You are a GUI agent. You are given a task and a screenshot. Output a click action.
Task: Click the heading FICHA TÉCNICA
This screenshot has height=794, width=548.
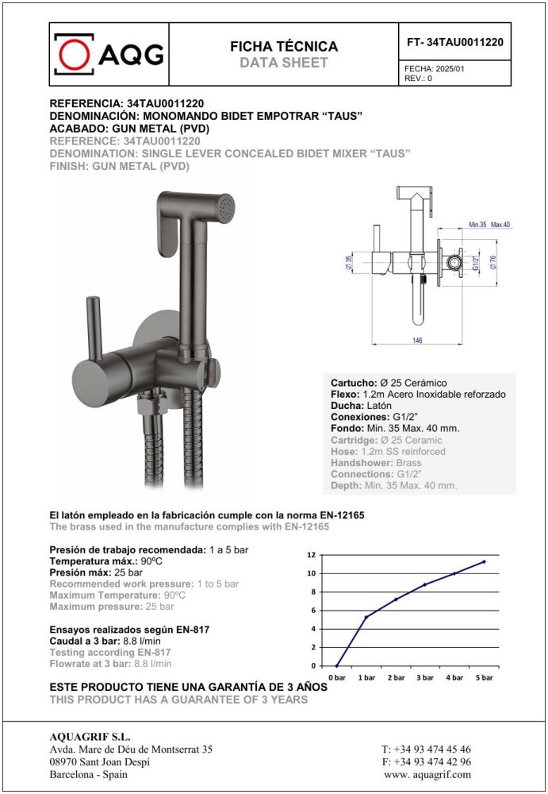283,47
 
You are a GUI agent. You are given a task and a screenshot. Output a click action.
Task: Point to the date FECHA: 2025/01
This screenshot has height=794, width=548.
435,70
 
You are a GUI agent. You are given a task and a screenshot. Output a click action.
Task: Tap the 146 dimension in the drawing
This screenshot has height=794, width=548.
416,339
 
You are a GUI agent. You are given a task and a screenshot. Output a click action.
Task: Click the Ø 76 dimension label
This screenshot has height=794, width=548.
492,261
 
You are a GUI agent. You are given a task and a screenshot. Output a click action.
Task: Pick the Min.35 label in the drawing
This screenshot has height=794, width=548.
477,225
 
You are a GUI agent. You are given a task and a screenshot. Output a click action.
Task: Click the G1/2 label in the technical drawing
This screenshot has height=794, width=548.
476,262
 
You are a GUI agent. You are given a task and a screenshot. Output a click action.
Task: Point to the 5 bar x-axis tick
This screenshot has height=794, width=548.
484,677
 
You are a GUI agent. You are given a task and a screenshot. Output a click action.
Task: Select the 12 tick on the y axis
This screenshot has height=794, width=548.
312,555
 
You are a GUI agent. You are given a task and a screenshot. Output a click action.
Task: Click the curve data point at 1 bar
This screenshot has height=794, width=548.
366,617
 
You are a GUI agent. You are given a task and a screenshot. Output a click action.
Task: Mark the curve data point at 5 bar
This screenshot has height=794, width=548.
484,561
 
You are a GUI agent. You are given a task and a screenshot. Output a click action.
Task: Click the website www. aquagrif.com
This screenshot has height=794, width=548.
427,774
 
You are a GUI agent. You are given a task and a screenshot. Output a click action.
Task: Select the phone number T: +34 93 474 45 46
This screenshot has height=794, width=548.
426,750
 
